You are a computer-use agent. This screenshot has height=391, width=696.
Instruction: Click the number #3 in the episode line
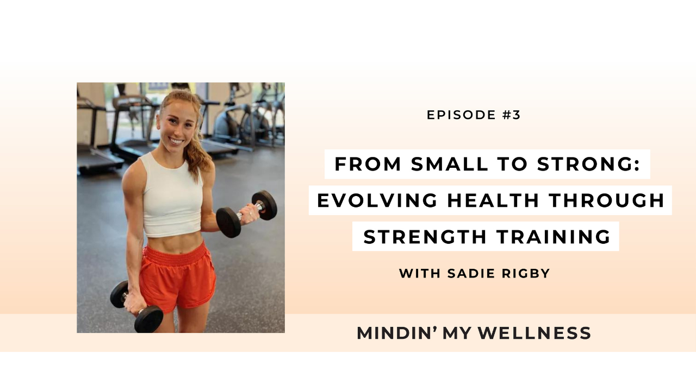(x=511, y=115)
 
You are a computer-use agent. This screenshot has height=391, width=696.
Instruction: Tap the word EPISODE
(x=462, y=115)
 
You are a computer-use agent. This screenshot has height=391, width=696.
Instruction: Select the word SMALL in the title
(x=450, y=164)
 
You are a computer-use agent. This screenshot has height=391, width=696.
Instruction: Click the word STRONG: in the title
(x=589, y=164)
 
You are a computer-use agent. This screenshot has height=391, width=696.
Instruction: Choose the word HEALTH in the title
(x=493, y=200)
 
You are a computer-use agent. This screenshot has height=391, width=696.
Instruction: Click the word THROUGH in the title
(x=606, y=200)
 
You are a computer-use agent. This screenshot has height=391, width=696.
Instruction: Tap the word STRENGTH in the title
(x=425, y=237)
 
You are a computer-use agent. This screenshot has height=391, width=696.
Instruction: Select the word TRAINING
(x=554, y=237)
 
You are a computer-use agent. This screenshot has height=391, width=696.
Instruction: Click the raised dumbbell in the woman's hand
(x=246, y=213)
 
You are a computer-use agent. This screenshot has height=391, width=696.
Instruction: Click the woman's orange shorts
(x=178, y=278)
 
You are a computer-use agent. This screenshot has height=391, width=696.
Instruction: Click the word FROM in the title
(x=368, y=164)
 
